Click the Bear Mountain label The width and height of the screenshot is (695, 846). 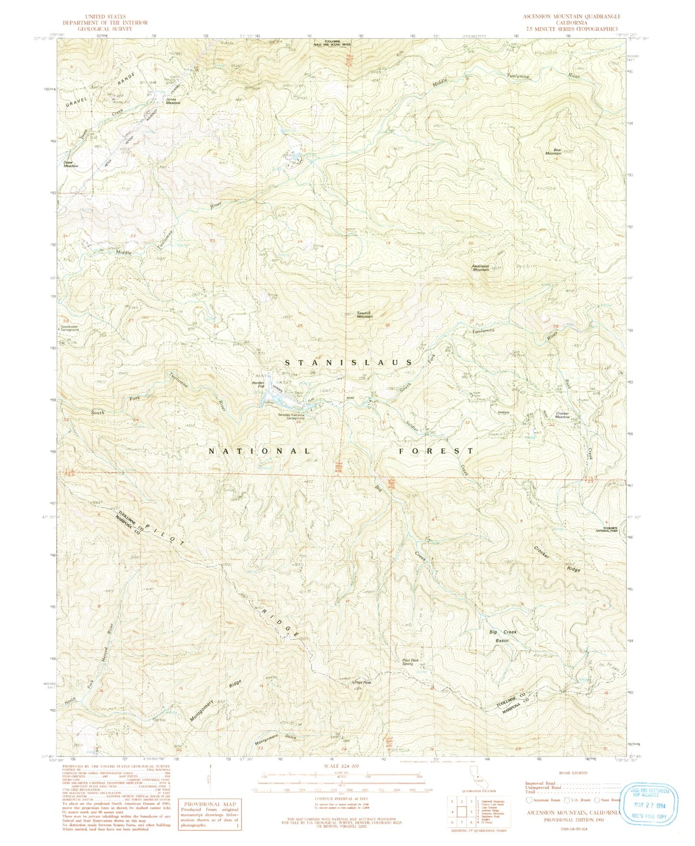[553, 151]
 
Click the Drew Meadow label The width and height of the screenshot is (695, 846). [70, 164]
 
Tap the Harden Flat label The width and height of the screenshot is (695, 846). [259, 384]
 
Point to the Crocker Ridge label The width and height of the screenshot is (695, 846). [558, 559]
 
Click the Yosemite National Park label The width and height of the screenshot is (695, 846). [608, 528]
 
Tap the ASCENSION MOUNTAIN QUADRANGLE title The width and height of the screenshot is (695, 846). [572, 16]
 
